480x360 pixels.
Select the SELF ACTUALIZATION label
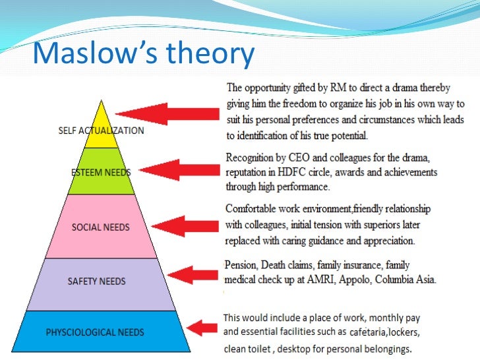[101, 131]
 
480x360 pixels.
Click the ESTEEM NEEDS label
[101, 173]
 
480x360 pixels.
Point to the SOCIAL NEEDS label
[101, 227]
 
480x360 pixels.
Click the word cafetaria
[371, 332]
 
